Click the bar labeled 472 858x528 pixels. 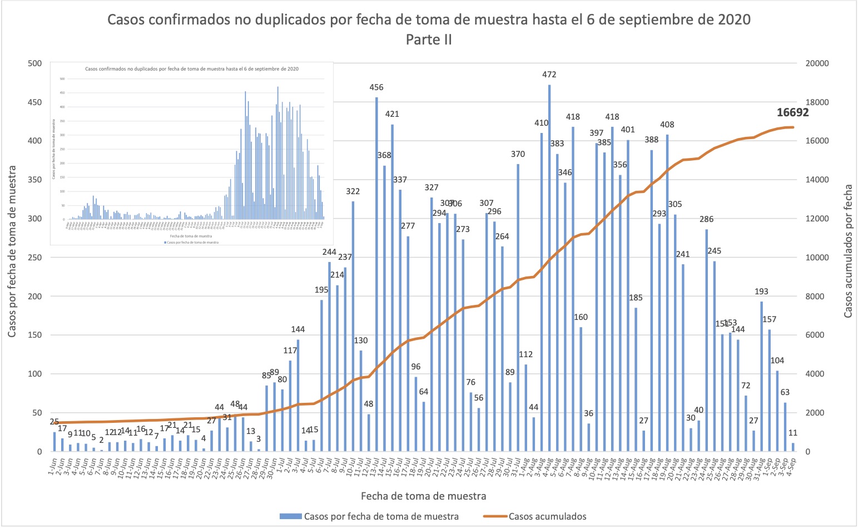[549, 267]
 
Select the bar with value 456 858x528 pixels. [376, 273]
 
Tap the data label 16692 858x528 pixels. [792, 112]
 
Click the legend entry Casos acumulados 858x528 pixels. [547, 516]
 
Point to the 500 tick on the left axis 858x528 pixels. [35, 63]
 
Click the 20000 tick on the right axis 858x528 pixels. [817, 63]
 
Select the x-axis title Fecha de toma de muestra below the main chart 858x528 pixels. [423, 496]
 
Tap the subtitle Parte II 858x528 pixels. [429, 40]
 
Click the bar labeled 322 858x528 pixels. [353, 325]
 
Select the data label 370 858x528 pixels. [518, 154]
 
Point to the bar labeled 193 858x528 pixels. [761, 376]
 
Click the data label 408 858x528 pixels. [667, 125]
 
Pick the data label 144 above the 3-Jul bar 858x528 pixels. [297, 329]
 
